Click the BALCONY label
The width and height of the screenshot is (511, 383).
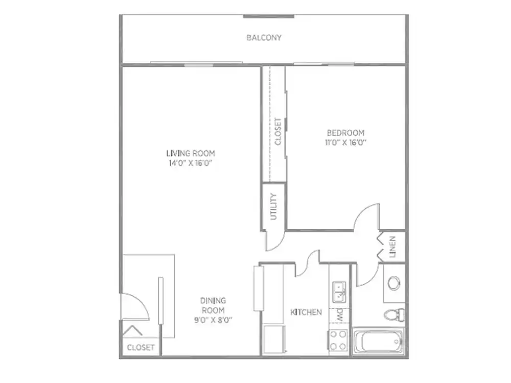(264, 38)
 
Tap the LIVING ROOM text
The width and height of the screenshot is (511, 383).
(191, 153)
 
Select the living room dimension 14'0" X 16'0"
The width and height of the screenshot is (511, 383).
(191, 163)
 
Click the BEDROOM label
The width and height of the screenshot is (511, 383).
(346, 133)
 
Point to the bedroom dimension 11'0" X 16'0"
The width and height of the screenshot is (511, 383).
(346, 142)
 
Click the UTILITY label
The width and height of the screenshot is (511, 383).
(273, 206)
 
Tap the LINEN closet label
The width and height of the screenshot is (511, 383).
(392, 247)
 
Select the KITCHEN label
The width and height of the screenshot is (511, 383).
(306, 312)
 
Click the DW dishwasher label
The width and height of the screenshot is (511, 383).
(339, 315)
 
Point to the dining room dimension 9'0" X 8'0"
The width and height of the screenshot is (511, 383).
(213, 320)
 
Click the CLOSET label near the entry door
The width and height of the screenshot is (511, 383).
(141, 347)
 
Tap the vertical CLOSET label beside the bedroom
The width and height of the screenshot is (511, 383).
(278, 132)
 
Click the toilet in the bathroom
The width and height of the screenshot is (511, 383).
(394, 315)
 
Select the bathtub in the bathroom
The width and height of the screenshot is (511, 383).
(378, 342)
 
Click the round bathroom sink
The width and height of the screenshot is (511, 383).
(394, 283)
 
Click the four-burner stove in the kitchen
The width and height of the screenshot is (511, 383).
(338, 340)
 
